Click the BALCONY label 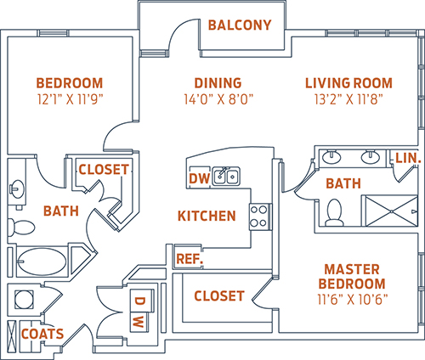(x=240, y=25)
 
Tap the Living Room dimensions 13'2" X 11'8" (x=348, y=99)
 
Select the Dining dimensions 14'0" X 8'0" (x=218, y=99)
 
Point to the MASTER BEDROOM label (x=352, y=277)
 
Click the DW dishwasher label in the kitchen (x=200, y=178)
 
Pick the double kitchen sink (x=226, y=176)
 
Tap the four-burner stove (x=259, y=217)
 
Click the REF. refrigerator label (x=190, y=259)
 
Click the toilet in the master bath (x=334, y=212)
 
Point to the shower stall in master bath (x=391, y=211)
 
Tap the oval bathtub (x=42, y=262)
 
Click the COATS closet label (x=42, y=334)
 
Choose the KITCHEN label (x=207, y=216)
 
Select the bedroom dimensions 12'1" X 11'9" (x=70, y=99)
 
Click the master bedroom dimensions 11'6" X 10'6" (x=353, y=300)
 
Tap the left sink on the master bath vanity (x=331, y=156)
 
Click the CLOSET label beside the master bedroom (x=219, y=296)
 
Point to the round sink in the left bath (x=17, y=189)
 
